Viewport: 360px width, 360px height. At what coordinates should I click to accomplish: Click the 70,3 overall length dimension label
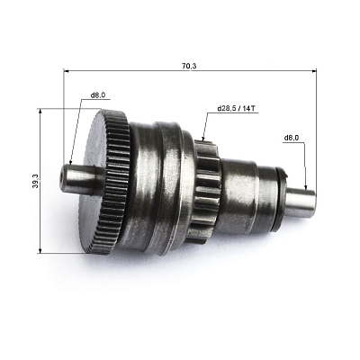coord(189,66)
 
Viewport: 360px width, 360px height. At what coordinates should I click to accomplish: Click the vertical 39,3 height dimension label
coord(35,181)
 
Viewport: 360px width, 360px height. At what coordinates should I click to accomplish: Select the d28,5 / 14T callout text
coord(237,108)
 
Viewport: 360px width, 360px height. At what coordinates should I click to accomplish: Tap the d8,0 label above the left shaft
coord(98,95)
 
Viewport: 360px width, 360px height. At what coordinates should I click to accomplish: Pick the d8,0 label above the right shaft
coord(292,138)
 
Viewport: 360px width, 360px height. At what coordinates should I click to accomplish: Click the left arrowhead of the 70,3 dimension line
coord(67,71)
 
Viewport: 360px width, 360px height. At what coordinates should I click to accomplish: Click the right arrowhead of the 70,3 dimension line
coord(314,71)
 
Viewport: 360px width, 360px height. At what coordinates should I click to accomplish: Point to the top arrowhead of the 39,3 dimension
coord(40,112)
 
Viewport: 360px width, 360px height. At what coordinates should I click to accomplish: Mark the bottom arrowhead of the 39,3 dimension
coord(40,250)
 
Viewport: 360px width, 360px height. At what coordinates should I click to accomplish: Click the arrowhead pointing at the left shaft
coord(70,161)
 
